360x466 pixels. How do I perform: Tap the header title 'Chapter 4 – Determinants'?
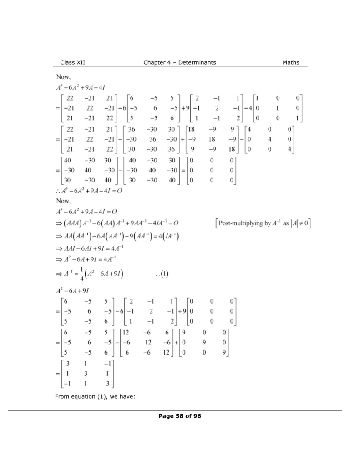click(x=180, y=62)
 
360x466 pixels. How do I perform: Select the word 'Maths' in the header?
click(x=291, y=62)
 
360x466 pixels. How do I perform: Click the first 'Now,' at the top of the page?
click(x=63, y=78)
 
